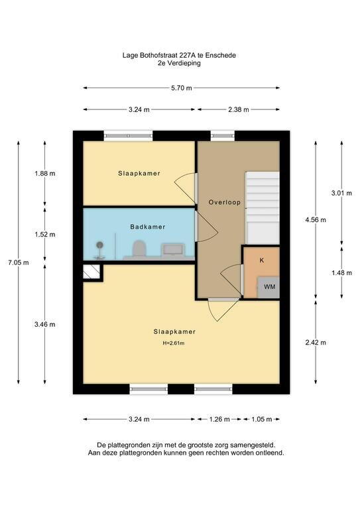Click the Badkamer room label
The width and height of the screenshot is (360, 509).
pyautogui.click(x=148, y=227)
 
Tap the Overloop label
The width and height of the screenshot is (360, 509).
pyautogui.click(x=225, y=202)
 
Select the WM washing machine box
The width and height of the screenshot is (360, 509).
pyautogui.click(x=269, y=288)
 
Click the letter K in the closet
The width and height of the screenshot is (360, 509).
pyautogui.click(x=262, y=260)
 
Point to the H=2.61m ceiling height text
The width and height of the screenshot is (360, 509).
pyautogui.click(x=174, y=343)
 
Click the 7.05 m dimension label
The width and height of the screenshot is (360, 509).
pyautogui.click(x=18, y=262)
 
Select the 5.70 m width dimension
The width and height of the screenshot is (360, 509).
pyautogui.click(x=182, y=88)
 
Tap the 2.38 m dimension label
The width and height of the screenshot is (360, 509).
pyautogui.click(x=239, y=110)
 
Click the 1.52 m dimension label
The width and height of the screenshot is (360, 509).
pyautogui.click(x=45, y=235)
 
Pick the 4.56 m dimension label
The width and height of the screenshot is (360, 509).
pyautogui.click(x=316, y=220)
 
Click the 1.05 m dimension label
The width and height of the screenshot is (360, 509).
pyautogui.click(x=262, y=420)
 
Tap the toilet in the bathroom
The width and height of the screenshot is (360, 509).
pyautogui.click(x=140, y=249)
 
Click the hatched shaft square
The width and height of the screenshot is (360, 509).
pyautogui.click(x=91, y=272)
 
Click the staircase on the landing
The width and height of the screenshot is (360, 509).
pyautogui.click(x=263, y=207)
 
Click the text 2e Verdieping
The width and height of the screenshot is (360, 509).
pyautogui.click(x=179, y=63)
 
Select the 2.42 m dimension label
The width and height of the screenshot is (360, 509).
pyautogui.click(x=316, y=343)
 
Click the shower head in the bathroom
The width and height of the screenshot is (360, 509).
pyautogui.click(x=99, y=245)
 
